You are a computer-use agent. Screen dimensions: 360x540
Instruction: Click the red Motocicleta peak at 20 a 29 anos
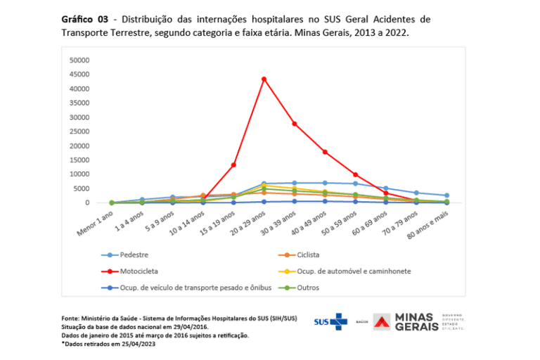pos(264,79)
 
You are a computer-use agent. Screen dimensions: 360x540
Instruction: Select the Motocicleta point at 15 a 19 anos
pos(233,165)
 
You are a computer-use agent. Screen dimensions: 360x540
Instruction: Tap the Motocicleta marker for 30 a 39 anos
pos(294,124)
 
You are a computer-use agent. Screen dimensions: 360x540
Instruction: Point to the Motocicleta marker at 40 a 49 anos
pos(325,152)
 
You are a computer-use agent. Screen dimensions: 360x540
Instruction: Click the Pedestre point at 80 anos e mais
pos(446,195)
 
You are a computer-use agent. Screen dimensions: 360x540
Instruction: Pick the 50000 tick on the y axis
pos(79,60)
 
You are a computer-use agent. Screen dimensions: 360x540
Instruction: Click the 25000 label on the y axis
pos(79,131)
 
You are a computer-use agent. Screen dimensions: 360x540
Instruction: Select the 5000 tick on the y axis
pos(82,188)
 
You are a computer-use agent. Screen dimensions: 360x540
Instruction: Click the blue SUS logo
pos(330,321)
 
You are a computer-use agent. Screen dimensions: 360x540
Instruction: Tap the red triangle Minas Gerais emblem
pos(382,322)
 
